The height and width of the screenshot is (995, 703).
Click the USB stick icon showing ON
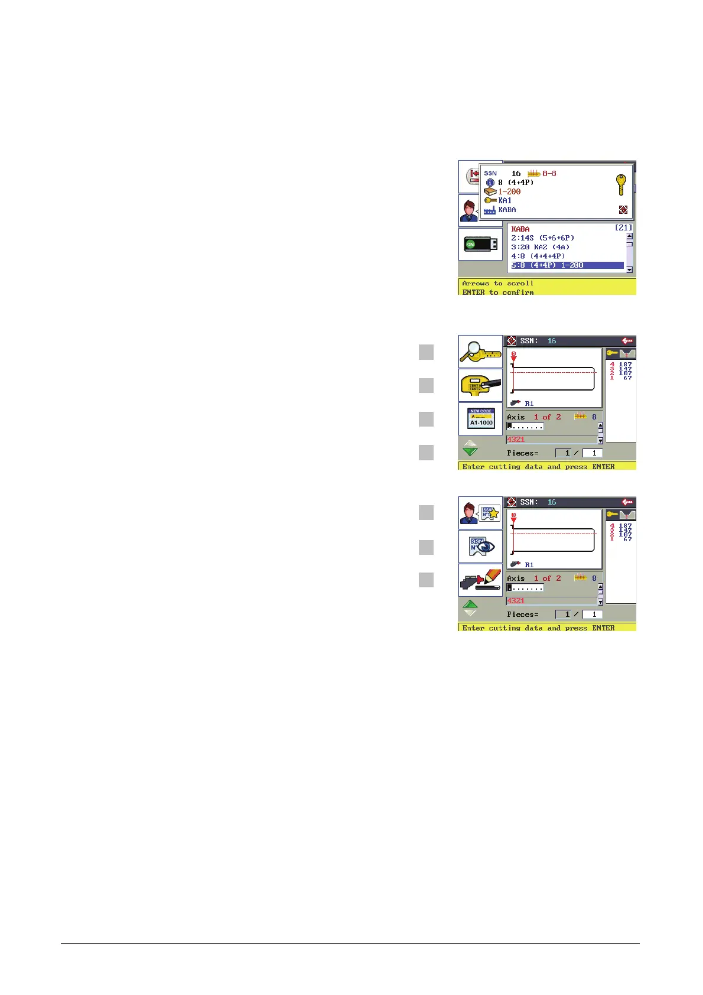pos(480,243)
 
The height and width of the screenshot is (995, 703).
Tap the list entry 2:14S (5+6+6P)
pos(542,238)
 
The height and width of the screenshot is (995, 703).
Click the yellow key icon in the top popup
pos(621,185)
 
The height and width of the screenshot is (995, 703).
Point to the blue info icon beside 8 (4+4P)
pos(490,183)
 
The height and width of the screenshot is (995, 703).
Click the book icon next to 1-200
pos(490,191)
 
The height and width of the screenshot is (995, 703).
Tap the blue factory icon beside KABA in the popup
pos(489,210)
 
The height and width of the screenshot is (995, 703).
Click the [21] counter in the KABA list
pos(623,228)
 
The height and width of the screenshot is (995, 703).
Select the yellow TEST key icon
pos(480,386)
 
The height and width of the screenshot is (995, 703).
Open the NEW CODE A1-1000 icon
pos(480,418)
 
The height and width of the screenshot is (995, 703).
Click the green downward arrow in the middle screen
pos(470,451)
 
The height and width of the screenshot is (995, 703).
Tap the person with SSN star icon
pos(480,512)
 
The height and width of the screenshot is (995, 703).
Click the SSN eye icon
pos(480,547)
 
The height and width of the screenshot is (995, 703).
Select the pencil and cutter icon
pos(480,580)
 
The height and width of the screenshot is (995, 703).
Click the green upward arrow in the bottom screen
pos(470,604)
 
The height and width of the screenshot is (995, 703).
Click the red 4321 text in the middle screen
pos(516,440)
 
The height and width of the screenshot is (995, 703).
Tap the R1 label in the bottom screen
pos(529,565)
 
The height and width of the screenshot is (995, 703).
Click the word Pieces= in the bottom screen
pos(522,614)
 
